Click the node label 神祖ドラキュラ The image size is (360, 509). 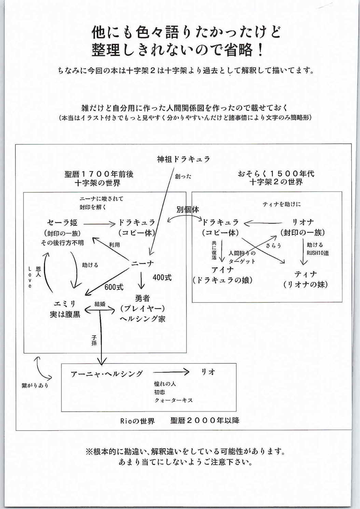click(x=183, y=159)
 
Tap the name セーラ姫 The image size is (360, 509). click(x=62, y=223)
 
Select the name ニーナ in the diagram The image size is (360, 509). click(x=142, y=264)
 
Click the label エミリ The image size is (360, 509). click(x=65, y=304)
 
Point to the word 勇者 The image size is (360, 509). click(x=142, y=298)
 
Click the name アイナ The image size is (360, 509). click(x=222, y=270)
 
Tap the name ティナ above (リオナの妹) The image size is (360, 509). click(x=306, y=274)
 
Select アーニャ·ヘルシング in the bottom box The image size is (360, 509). click(x=107, y=374)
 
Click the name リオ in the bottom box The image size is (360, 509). click(x=208, y=372)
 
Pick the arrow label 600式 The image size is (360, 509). click(x=114, y=287)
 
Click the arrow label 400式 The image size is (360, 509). click(x=162, y=278)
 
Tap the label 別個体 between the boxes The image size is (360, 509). click(x=188, y=209)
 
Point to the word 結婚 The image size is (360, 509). click(x=100, y=304)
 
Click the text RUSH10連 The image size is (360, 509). click(x=318, y=253)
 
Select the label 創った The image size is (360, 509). click(x=183, y=176)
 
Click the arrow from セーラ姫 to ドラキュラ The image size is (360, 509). click(x=99, y=224)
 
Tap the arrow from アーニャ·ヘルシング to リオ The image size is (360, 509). click(x=171, y=372)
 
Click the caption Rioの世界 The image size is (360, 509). click(x=137, y=421)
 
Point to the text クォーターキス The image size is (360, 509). click(x=174, y=400)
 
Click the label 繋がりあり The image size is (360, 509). click(x=35, y=385)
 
